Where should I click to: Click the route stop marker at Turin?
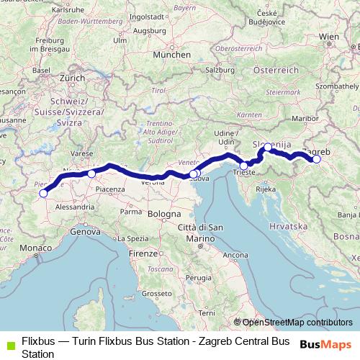tap(43, 193)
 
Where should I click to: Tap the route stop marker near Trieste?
tap(244, 166)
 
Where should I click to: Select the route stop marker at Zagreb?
tap(316, 160)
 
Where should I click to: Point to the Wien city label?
tap(328, 36)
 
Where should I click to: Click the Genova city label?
tap(86, 232)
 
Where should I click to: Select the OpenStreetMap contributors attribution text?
tap(297, 323)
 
